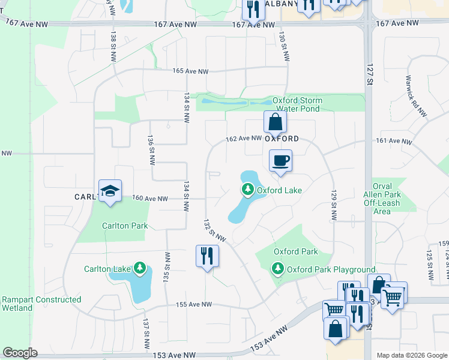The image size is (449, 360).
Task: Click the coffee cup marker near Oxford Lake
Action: [280, 161]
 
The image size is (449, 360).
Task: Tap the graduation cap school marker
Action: [110, 191]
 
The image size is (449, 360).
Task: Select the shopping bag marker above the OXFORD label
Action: [275, 122]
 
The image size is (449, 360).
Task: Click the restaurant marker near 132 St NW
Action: [207, 256]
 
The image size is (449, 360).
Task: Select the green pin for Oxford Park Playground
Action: [278, 269]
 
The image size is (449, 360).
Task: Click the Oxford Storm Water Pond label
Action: [297, 104]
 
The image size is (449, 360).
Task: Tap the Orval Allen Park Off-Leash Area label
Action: [386, 199]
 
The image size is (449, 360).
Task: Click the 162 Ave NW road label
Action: [244, 139]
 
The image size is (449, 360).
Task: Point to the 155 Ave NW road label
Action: [194, 304]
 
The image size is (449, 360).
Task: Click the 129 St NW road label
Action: [333, 205]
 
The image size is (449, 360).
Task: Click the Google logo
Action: [20, 353]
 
